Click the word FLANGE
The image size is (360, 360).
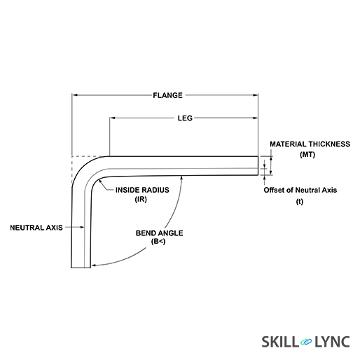coord(167,95)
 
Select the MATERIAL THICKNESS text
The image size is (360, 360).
coord(310,144)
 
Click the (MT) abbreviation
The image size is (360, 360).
coord(307,154)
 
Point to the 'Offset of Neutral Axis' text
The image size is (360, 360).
coord(300,190)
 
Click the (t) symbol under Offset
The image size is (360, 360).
coord(300,202)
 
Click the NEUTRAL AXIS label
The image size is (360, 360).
coord(36,227)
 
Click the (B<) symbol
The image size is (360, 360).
coord(158,242)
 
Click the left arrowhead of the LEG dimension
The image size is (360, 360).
coord(112,118)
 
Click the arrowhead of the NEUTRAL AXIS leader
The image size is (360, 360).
coord(83,227)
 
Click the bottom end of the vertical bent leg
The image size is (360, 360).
coord(81,266)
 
